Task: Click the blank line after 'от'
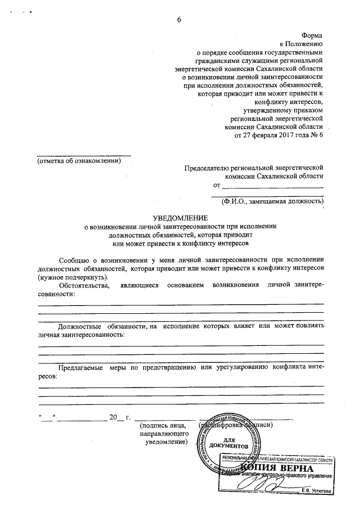tap(272, 187)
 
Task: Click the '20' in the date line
tap(112, 417)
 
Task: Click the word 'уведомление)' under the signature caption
tap(166, 443)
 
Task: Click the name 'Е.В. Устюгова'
tap(317, 490)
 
